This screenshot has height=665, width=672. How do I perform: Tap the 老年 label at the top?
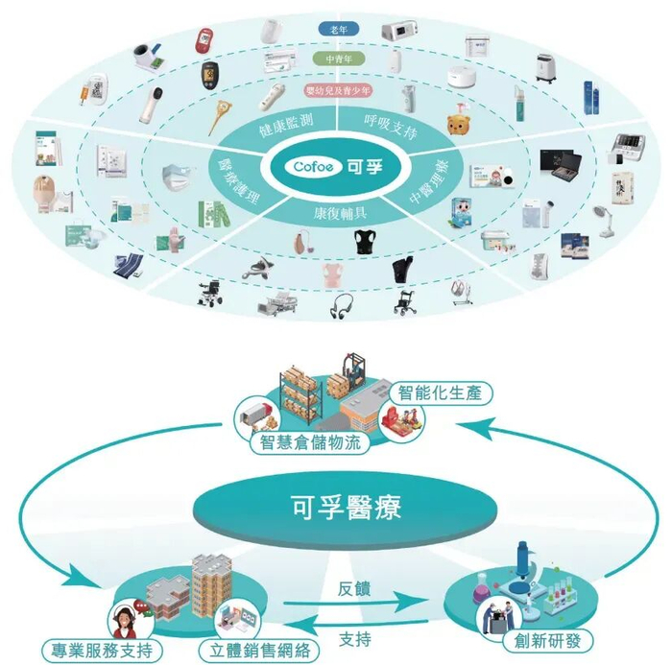(338, 30)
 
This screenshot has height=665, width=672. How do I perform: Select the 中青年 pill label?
(338, 59)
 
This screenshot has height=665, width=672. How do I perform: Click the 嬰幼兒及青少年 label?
(337, 90)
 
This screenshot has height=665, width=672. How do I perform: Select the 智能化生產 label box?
(445, 392)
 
